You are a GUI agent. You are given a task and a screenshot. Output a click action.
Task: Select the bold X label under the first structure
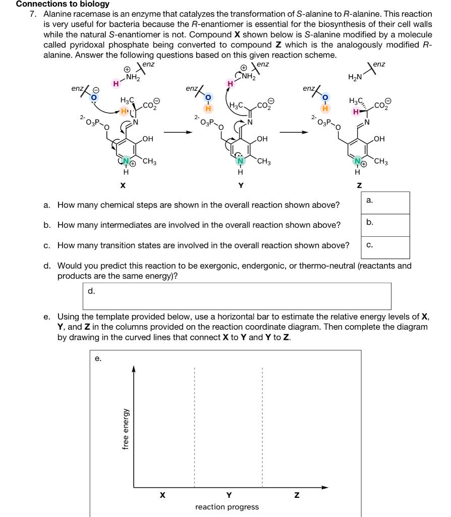click(x=123, y=185)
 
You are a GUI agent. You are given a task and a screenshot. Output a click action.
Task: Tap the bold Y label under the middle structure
click(x=241, y=185)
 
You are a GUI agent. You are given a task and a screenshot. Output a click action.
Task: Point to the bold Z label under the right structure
click(x=359, y=185)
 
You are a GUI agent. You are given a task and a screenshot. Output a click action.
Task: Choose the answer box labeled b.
click(x=385, y=225)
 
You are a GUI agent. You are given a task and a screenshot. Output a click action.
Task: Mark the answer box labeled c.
click(x=385, y=247)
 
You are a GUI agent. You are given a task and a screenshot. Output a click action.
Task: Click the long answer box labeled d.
click(x=237, y=296)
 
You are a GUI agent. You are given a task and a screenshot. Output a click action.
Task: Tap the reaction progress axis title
click(x=227, y=506)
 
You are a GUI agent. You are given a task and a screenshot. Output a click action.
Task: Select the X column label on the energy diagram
click(x=162, y=495)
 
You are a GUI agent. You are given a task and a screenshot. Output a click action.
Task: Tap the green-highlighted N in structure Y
click(x=241, y=161)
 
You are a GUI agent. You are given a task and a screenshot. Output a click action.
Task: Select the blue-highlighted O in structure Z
click(x=325, y=97)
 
